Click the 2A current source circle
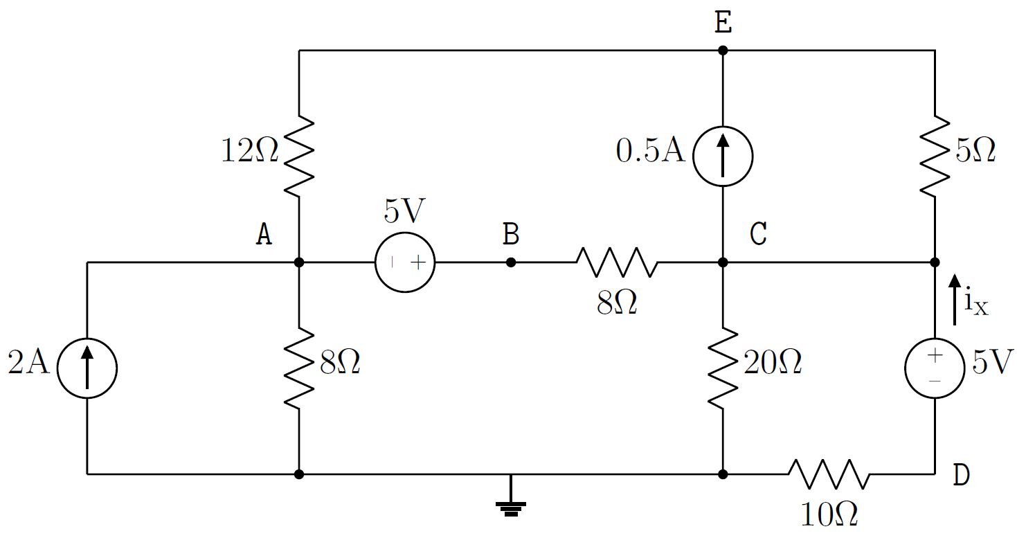coord(87,368)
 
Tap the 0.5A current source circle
coord(723,156)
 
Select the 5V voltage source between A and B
coord(405,262)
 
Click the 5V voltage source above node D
coord(935,368)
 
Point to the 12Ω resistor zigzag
coord(298,156)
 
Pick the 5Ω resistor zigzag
coord(935,156)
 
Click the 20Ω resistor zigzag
coord(723,368)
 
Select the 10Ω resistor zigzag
coord(829,474)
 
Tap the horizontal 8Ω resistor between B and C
coord(616,262)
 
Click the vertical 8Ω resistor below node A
coord(298,368)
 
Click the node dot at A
coord(298,262)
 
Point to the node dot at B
coord(511,262)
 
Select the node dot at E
coord(723,50)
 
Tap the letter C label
coord(758,235)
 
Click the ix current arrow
coord(955,299)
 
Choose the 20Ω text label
coord(773,363)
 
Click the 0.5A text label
coord(650,152)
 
